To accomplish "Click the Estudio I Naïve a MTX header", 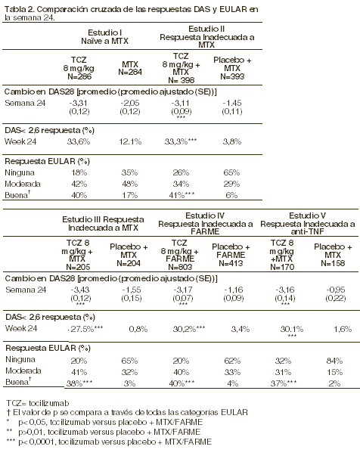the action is click(105, 36).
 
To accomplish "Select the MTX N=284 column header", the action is click(130, 68).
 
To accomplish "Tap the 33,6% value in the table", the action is click(79, 141).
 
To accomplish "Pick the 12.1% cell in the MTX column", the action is click(130, 141).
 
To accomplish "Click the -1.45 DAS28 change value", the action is click(232, 103).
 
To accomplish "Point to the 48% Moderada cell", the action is click(129, 184).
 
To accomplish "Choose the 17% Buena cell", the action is click(129, 195).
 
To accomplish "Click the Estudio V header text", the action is click(307, 216).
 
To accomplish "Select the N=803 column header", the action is click(180, 267).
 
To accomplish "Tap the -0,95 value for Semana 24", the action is click(336, 290).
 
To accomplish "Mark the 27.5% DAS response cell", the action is click(86, 329).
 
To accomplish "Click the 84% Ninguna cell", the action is click(334, 361).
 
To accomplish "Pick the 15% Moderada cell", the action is click(334, 372).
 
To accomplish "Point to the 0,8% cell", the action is click(138, 329).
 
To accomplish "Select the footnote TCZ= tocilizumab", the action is click(38, 403).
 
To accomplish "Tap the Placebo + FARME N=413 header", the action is click(231, 255).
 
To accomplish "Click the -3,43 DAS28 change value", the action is click(80, 290).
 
